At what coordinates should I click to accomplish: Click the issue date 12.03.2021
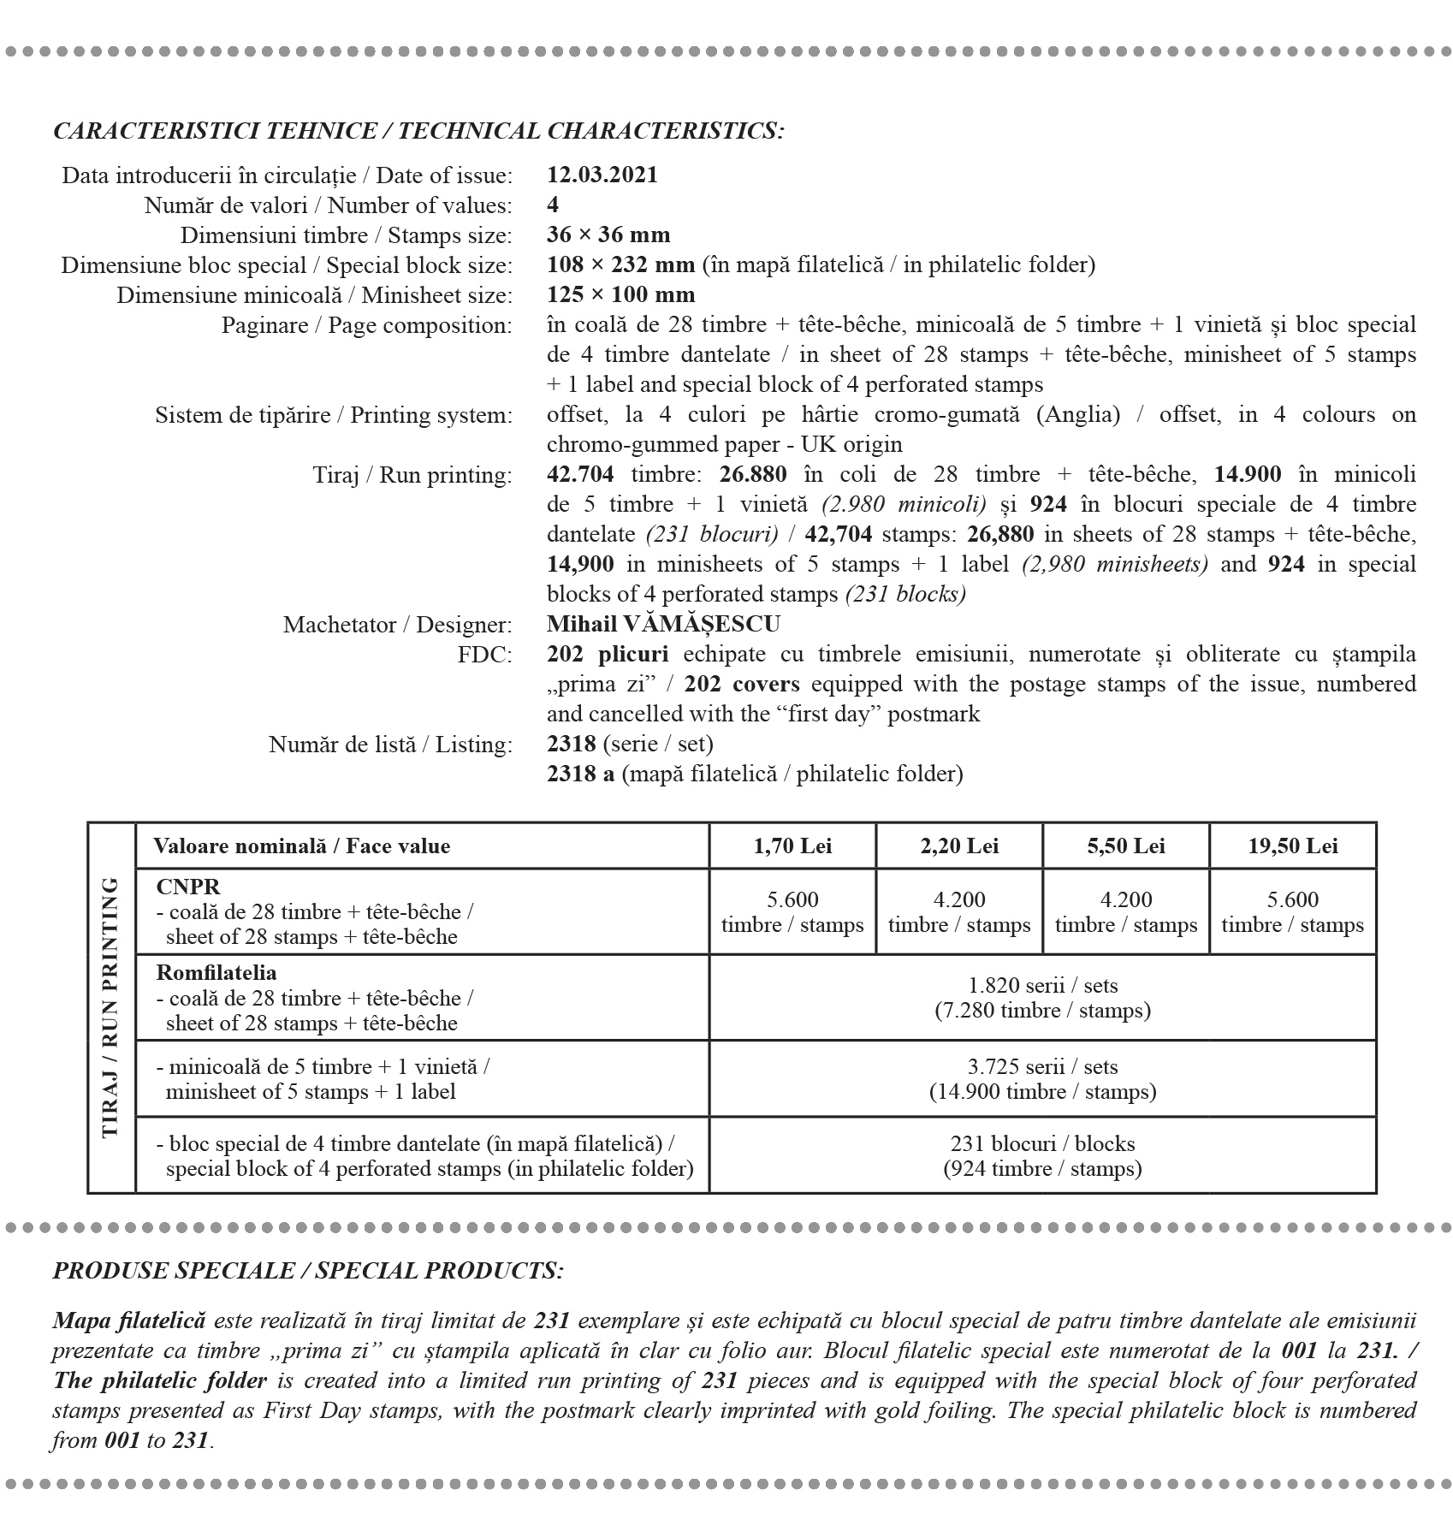click(602, 175)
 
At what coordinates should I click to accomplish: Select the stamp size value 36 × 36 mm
click(608, 235)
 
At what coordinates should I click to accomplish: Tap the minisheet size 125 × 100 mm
click(620, 295)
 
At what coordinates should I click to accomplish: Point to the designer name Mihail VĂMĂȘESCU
click(663, 625)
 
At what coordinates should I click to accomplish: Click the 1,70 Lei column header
click(792, 846)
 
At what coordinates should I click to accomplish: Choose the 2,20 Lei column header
click(959, 846)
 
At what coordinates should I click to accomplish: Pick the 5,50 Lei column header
click(1126, 846)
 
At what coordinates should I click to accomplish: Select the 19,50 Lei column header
click(1293, 846)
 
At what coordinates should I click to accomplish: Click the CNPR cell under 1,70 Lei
click(792, 912)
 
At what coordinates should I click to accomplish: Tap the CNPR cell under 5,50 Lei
click(1126, 912)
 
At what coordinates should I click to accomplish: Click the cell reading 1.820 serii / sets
click(1042, 998)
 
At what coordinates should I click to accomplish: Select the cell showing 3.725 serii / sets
click(1042, 1079)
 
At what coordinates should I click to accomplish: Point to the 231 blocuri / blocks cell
click(1042, 1156)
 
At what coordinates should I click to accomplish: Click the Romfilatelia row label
click(216, 973)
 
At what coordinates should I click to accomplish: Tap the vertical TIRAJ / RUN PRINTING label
click(111, 1007)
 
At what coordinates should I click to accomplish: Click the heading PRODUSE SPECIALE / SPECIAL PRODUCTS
click(308, 1270)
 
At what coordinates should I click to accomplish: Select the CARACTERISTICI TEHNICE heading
click(418, 131)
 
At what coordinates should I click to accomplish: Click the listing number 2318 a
click(581, 774)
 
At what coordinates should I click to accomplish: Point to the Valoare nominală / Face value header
click(301, 846)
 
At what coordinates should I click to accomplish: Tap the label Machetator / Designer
click(398, 625)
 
